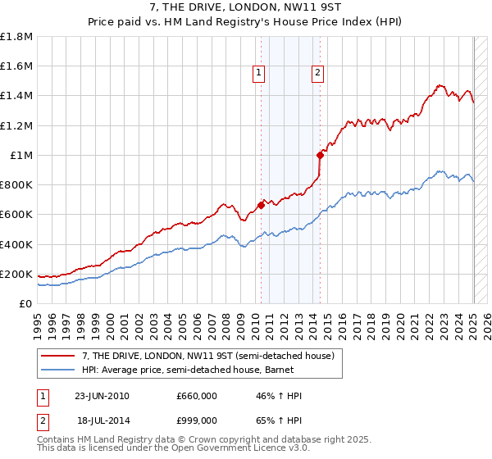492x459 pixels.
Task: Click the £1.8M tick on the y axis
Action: click(16, 37)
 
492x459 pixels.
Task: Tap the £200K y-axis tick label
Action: click(16, 274)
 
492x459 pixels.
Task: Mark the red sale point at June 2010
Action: click(261, 206)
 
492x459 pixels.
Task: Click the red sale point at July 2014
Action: click(320, 155)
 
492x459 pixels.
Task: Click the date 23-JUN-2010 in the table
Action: click(102, 397)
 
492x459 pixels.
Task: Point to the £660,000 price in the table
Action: click(197, 397)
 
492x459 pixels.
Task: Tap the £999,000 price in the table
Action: click(197, 420)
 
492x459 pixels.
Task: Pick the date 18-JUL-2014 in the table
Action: click(102, 420)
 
